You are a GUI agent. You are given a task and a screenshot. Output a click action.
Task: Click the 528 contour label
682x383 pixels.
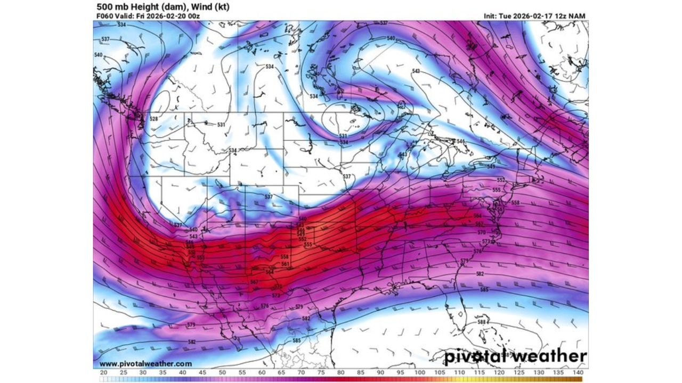[154, 119]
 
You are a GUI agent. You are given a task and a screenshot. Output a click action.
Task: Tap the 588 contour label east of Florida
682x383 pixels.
[482, 322]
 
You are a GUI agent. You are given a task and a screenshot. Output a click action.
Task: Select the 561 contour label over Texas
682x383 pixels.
[285, 264]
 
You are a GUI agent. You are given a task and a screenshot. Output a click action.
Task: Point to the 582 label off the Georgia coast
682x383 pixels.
[480, 273]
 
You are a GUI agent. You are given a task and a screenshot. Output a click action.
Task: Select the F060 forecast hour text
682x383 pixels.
[105, 16]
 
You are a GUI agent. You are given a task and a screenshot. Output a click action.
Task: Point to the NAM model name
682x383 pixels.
[577, 16]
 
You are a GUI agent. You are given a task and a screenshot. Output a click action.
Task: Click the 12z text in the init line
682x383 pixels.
[559, 16]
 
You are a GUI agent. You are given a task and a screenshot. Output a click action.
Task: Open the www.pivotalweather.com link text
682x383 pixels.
[138, 364]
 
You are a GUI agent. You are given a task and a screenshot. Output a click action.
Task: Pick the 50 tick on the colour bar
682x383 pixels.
[222, 373]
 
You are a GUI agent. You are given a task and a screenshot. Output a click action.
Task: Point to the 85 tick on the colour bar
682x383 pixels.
[361, 373]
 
